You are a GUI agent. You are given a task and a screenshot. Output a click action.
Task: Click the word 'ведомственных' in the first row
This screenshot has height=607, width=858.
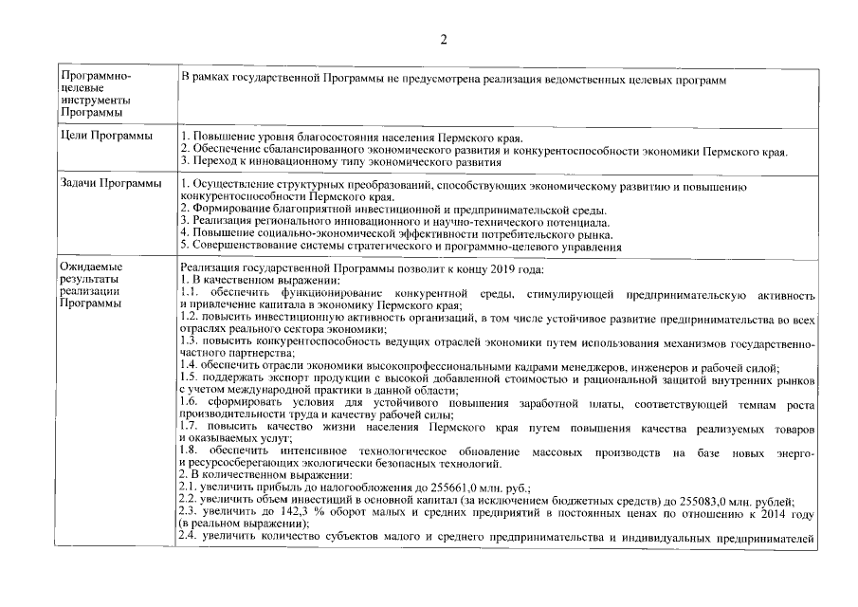pyautogui.click(x=583, y=81)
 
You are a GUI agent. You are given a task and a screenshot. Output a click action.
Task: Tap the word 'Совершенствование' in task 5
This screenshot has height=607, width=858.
pyautogui.click(x=247, y=247)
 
